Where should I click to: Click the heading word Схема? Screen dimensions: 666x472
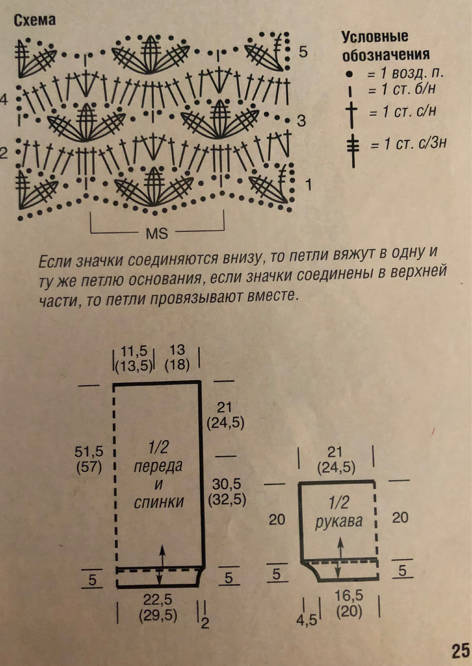(x=35, y=21)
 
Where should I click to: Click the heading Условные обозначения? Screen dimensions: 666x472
(x=385, y=46)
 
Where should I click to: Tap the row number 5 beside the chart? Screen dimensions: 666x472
(x=303, y=52)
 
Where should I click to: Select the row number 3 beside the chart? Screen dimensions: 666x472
(x=301, y=120)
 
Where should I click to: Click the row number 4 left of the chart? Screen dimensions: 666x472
(x=4, y=100)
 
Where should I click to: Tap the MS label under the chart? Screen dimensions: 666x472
(x=157, y=233)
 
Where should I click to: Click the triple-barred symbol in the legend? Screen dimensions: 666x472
(x=352, y=145)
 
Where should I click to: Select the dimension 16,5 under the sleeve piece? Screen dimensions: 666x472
(x=349, y=596)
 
